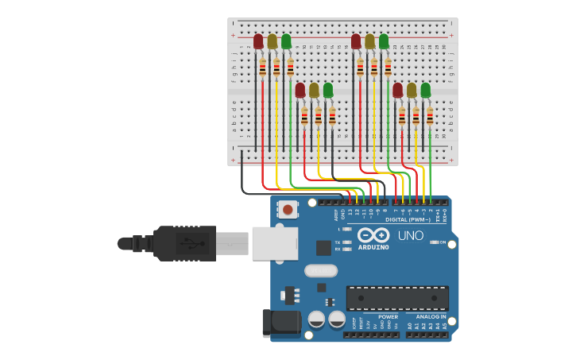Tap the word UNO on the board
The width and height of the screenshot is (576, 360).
(x=410, y=236)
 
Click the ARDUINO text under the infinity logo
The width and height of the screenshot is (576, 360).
(x=373, y=247)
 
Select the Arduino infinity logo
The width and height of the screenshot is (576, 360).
(x=373, y=235)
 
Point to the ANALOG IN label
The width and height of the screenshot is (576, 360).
(x=432, y=317)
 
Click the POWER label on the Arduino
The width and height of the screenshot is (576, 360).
(x=388, y=317)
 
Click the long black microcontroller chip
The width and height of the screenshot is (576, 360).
(x=397, y=298)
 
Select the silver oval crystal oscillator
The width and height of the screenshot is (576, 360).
(x=321, y=270)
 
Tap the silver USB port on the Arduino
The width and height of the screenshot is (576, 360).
(x=275, y=244)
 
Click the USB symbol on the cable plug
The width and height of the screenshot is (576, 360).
(x=189, y=243)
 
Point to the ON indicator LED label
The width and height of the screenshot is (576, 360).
(x=443, y=242)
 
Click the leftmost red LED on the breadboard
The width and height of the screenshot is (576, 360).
(x=258, y=41)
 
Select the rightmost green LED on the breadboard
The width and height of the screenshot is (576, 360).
(x=425, y=90)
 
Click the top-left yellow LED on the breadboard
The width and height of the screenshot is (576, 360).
(x=273, y=41)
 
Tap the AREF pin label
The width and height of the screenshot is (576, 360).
(x=336, y=215)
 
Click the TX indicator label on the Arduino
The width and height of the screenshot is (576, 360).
(x=338, y=242)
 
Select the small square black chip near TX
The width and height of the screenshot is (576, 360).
(x=323, y=248)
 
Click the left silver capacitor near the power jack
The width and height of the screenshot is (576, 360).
(x=316, y=319)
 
